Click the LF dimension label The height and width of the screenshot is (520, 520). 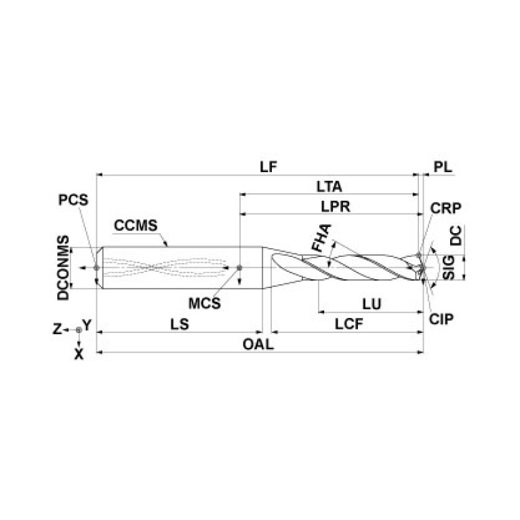tap(270, 166)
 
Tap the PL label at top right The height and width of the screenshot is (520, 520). tap(442, 166)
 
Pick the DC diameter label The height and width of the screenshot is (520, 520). tap(457, 236)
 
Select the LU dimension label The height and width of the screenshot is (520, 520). tap(371, 304)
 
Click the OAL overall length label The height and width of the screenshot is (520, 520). tap(258, 344)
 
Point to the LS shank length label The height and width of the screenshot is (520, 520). tap(178, 324)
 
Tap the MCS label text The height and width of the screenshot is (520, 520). tap(204, 303)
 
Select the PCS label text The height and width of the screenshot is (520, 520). tap(73, 201)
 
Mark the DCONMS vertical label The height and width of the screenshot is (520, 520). tap(63, 268)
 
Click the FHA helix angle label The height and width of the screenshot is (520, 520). tap(321, 239)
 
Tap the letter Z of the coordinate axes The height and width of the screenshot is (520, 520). tap(58, 329)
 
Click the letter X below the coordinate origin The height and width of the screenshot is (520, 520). tap(79, 353)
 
